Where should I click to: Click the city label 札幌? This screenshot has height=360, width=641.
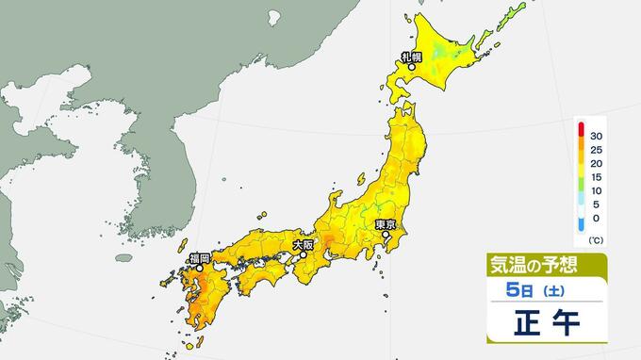tap(410, 57)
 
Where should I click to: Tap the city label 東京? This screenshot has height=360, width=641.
tap(384, 224)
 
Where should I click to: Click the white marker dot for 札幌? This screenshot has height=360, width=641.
tap(411, 68)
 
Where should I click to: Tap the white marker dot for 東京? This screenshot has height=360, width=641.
tap(385, 235)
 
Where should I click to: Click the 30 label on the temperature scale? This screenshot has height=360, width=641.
tap(598, 137)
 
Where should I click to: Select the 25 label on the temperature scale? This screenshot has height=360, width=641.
tap(598, 150)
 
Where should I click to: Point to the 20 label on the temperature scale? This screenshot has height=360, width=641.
tap(598, 163)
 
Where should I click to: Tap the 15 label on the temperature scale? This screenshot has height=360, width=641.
tap(598, 176)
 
